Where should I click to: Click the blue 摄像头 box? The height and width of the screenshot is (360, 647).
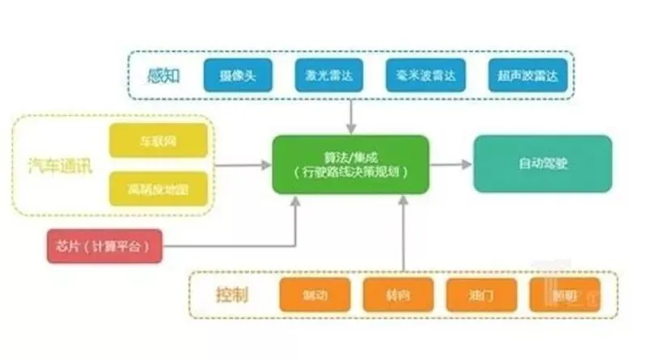pos(237,75)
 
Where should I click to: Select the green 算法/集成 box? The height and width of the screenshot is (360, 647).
pos(350,164)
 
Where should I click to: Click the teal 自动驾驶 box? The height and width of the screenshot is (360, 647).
pos(543,163)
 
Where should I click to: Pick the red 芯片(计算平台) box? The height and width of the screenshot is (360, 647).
pos(104,246)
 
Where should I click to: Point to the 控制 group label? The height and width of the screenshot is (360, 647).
pos(232,294)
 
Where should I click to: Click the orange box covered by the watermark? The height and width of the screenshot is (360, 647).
pos(565,294)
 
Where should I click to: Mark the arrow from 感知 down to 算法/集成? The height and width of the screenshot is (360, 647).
pos(350,116)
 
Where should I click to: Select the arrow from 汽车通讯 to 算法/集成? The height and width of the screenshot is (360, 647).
pos(243,165)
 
